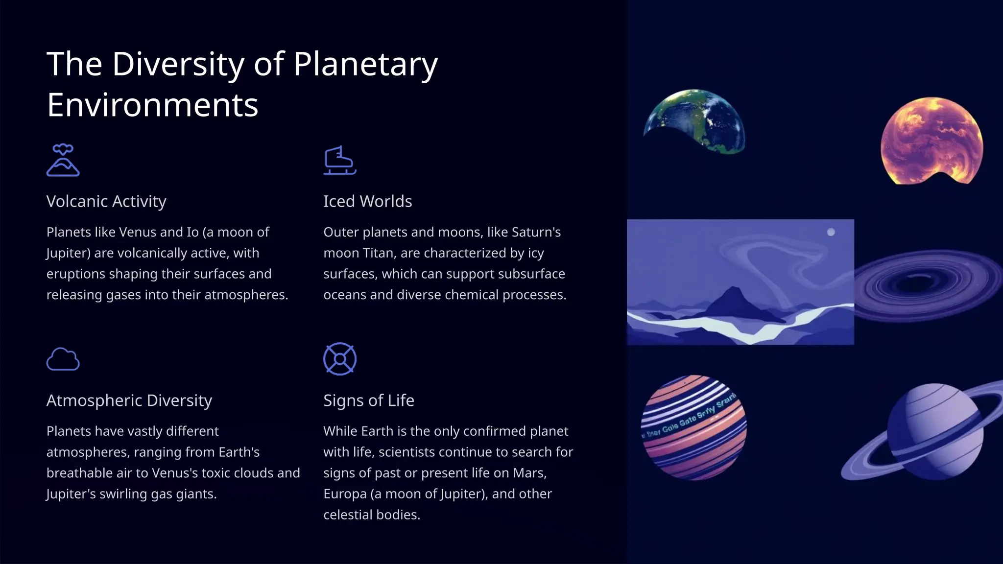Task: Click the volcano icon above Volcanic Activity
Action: pyautogui.click(x=63, y=160)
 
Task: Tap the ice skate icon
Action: pyautogui.click(x=339, y=160)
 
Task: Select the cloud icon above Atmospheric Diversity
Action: pyautogui.click(x=63, y=359)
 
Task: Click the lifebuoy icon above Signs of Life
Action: pyautogui.click(x=339, y=359)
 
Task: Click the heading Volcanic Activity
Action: pyautogui.click(x=106, y=201)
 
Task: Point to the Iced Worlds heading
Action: pyautogui.click(x=367, y=201)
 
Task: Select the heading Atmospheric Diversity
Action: pyautogui.click(x=129, y=400)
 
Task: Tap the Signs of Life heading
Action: pyautogui.click(x=368, y=400)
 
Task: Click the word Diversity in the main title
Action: pyautogui.click(x=178, y=64)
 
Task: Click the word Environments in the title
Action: pyautogui.click(x=152, y=105)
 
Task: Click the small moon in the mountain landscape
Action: pyautogui.click(x=831, y=232)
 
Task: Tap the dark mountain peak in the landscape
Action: pyautogui.click(x=733, y=299)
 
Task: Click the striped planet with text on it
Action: pyautogui.click(x=693, y=427)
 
